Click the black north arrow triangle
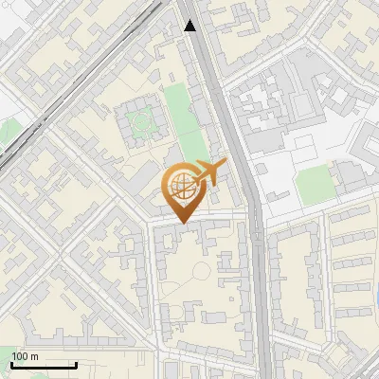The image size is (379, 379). click(190, 26)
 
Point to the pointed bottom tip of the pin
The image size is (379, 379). click(181, 223)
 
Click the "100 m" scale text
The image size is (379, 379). click(26, 356)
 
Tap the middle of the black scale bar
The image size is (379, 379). click(44, 366)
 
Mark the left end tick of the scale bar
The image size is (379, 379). click(12, 365)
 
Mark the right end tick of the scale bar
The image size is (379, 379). click(76, 365)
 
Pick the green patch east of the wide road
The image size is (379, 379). click(313, 185)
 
